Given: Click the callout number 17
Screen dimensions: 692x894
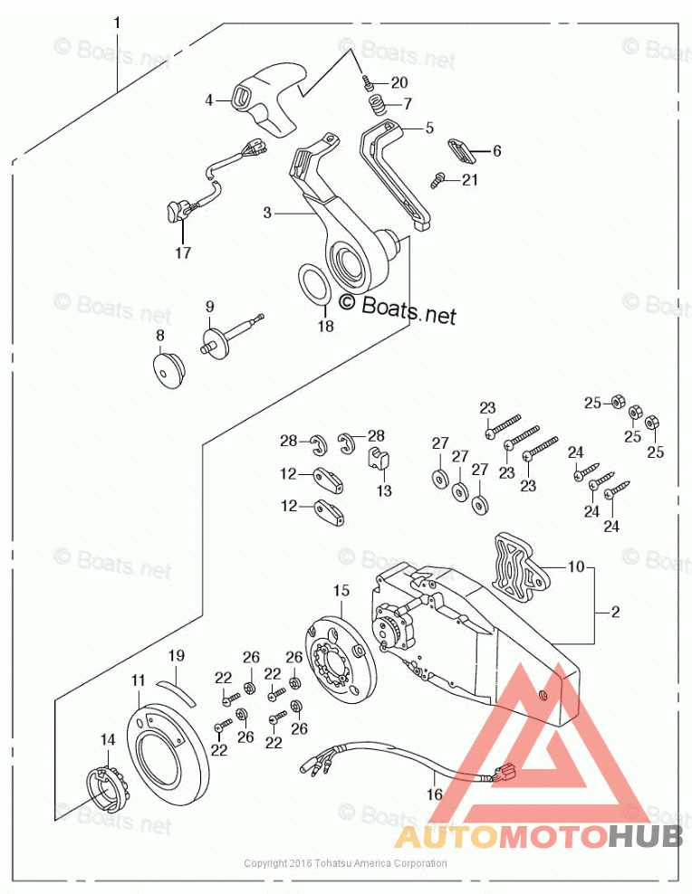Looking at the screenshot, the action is (183, 253).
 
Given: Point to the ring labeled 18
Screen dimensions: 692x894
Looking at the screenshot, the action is (313, 284).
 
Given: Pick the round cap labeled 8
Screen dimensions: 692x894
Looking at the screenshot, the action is (166, 367).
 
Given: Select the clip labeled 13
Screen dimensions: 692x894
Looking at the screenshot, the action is (380, 458).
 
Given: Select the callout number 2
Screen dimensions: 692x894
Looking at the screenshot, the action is (616, 613).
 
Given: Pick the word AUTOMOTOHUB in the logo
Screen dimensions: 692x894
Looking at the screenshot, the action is (538, 835).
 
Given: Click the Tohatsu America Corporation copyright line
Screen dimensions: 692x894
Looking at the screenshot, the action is (345, 863).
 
